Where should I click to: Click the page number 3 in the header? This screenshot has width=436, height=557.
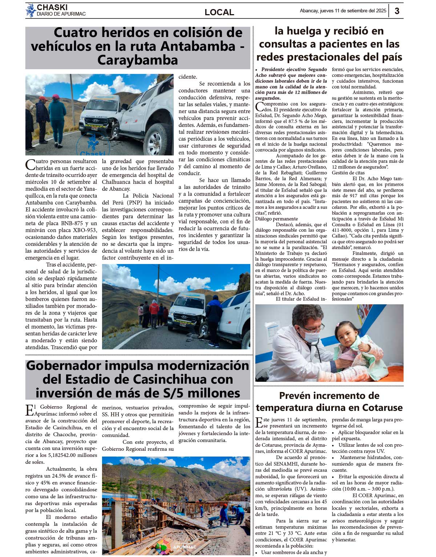[x=397, y=11]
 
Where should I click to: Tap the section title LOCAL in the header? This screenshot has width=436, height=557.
[x=219, y=12]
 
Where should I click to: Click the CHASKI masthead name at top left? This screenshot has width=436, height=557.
[x=52, y=7]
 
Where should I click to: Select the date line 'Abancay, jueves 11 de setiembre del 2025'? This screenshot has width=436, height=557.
[x=343, y=11]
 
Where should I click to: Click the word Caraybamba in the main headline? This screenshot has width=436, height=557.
[x=137, y=60]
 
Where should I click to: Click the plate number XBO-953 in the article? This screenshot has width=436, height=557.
[x=85, y=230]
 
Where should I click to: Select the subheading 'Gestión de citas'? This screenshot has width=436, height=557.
[x=348, y=173]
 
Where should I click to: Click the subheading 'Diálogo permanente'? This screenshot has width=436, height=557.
[x=276, y=219]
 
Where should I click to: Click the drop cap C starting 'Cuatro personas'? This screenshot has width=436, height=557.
[x=30, y=164]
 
